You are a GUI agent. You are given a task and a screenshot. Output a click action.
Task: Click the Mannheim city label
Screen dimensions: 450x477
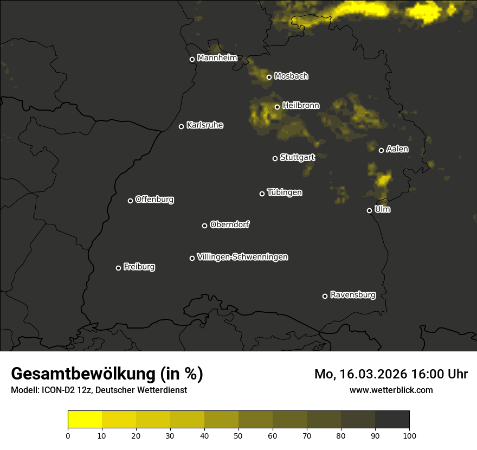(x=217, y=58)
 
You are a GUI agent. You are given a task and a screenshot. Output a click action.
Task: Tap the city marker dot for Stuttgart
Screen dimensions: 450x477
(x=275, y=158)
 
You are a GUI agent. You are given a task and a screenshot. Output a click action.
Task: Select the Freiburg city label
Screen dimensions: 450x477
(x=139, y=267)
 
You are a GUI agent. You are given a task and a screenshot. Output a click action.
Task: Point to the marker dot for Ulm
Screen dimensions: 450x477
(x=369, y=210)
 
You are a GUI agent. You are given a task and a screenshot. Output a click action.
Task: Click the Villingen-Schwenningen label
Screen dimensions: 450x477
(x=242, y=257)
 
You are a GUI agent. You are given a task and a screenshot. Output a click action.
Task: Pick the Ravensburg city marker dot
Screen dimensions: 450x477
(x=325, y=296)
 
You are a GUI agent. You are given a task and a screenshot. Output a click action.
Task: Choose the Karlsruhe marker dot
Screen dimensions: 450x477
(x=181, y=126)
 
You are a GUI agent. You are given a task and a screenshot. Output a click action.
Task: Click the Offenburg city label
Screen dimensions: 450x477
(x=154, y=200)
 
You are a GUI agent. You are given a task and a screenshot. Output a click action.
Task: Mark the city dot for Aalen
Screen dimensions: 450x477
(x=381, y=150)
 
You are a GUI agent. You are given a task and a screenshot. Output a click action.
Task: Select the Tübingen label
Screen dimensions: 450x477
(x=285, y=192)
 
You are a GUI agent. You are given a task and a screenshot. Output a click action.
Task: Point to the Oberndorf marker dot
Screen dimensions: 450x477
(x=204, y=226)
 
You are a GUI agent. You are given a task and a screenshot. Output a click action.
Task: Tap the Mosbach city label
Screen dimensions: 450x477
(x=291, y=76)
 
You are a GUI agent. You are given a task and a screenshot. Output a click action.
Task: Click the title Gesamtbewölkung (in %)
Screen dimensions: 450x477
(x=107, y=374)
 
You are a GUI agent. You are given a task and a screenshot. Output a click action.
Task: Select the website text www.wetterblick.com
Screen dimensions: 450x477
(x=391, y=390)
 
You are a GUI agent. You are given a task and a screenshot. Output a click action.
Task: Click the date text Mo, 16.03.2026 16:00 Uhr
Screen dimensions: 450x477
(x=391, y=374)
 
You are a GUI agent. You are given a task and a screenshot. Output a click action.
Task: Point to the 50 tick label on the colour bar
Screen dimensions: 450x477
(x=238, y=435)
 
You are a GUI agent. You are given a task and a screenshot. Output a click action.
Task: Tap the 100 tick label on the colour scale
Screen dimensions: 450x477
(x=409, y=435)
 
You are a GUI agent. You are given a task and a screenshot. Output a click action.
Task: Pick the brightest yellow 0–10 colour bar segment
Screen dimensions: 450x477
(x=85, y=420)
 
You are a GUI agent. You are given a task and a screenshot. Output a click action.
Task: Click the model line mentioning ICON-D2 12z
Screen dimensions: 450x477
(x=99, y=390)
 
